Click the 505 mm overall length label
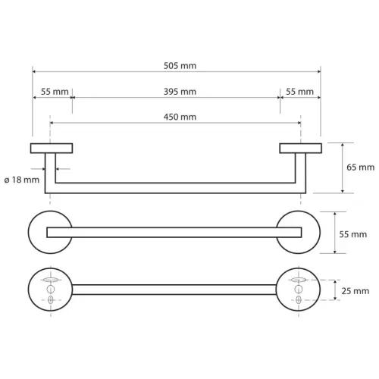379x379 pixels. (180, 66)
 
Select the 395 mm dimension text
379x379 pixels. (180, 92)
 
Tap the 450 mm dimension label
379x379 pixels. (180, 117)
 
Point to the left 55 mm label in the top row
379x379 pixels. (55, 92)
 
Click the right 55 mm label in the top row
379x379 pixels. (299, 92)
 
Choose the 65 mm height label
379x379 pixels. (360, 168)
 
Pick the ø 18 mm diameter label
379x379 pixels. (22, 180)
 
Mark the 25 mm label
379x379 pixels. (356, 291)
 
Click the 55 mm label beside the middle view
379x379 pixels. (352, 234)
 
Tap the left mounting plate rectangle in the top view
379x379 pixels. (52, 149)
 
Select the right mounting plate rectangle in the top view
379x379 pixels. (301, 149)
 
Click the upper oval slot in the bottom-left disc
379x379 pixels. (51, 280)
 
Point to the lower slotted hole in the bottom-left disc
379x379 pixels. (51, 300)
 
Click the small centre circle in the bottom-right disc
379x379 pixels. (299, 290)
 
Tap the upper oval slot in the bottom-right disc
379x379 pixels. (299, 280)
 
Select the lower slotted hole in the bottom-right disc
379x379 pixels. (299, 300)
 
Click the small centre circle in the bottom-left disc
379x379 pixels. (51, 290)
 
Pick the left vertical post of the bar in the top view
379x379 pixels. (50, 173)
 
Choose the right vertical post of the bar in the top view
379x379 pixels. (301, 173)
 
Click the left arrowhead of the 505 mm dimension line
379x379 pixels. (34, 72)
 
